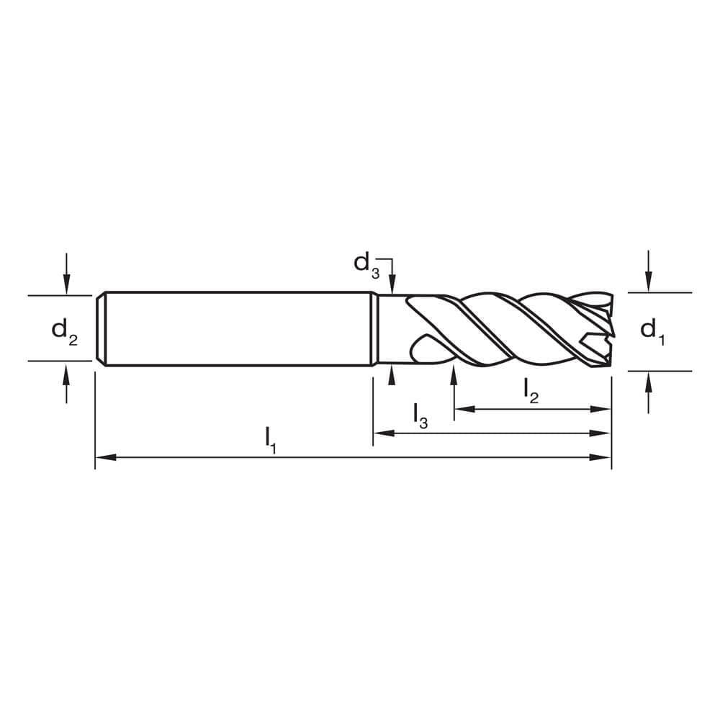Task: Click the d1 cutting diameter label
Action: click(652, 331)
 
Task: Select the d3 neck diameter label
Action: click(366, 264)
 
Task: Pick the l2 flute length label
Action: click(531, 391)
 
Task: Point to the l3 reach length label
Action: click(420, 415)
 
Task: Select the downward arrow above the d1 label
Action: click(649, 283)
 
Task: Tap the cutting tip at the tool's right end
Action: click(609, 331)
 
